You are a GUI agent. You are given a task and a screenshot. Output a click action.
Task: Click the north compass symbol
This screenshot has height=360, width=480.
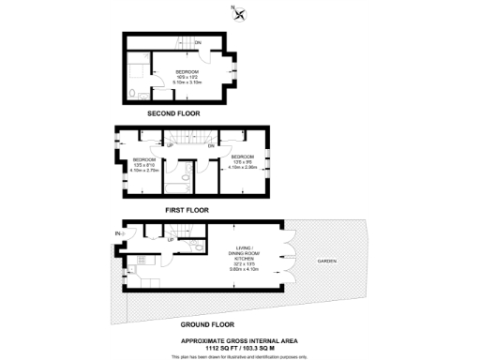[x=242, y=13]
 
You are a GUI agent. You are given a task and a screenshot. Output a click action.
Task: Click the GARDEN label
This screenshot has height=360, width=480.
[x=325, y=261]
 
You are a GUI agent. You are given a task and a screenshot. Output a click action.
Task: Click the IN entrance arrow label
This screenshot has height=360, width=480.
[x=119, y=233]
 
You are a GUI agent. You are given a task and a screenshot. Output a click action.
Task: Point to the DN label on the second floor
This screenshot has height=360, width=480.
[x=197, y=42]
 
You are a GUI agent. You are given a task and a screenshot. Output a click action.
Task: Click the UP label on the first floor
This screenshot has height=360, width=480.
[x=170, y=146]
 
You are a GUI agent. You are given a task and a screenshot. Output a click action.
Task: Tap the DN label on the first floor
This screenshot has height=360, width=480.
[x=211, y=146]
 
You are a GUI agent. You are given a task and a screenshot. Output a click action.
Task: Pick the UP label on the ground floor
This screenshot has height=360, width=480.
[x=171, y=241]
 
